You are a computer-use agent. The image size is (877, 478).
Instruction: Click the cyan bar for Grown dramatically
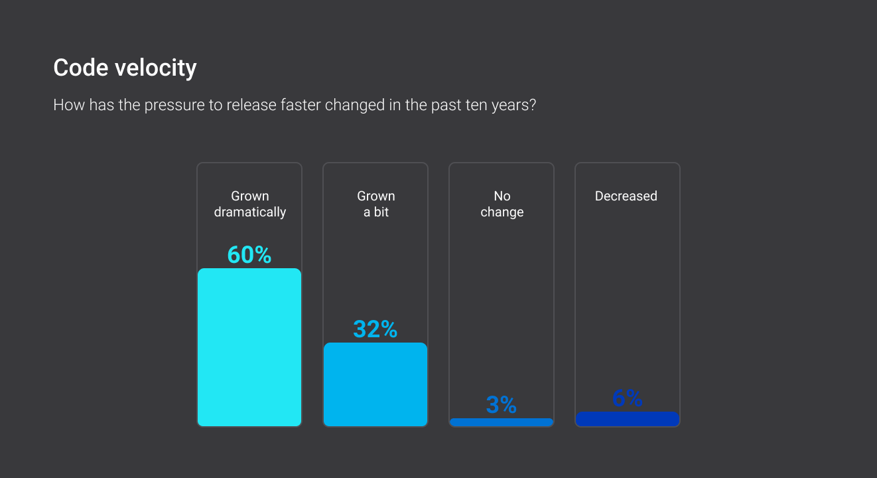[x=249, y=347]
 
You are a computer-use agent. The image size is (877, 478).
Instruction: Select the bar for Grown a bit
[x=375, y=384]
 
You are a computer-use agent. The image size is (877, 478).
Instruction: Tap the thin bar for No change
[x=502, y=422]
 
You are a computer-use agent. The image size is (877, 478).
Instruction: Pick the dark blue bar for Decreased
[x=628, y=419]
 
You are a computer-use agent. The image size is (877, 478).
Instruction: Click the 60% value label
[x=249, y=255]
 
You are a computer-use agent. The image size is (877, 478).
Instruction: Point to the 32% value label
[x=375, y=329]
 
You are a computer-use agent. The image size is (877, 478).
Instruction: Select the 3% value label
[x=502, y=405]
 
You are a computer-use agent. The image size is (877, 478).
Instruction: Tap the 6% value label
[x=628, y=398]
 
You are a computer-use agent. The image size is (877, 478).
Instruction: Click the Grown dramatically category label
[x=250, y=204]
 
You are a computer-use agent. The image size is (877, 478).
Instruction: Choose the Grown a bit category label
[x=376, y=204]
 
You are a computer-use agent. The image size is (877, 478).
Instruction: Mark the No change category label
[x=502, y=204]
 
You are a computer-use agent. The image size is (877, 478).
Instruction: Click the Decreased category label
[x=626, y=196]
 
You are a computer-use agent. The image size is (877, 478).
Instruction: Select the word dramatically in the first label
[x=250, y=212]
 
